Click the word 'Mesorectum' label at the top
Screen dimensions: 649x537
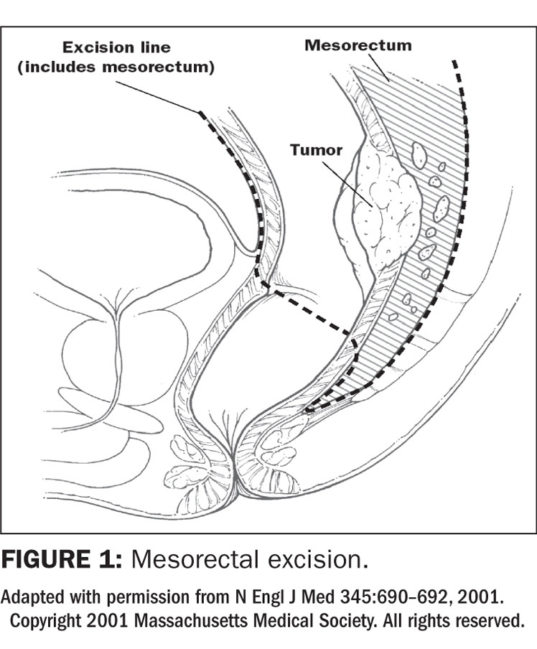tap(358, 45)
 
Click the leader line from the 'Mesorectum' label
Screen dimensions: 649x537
tap(377, 65)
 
